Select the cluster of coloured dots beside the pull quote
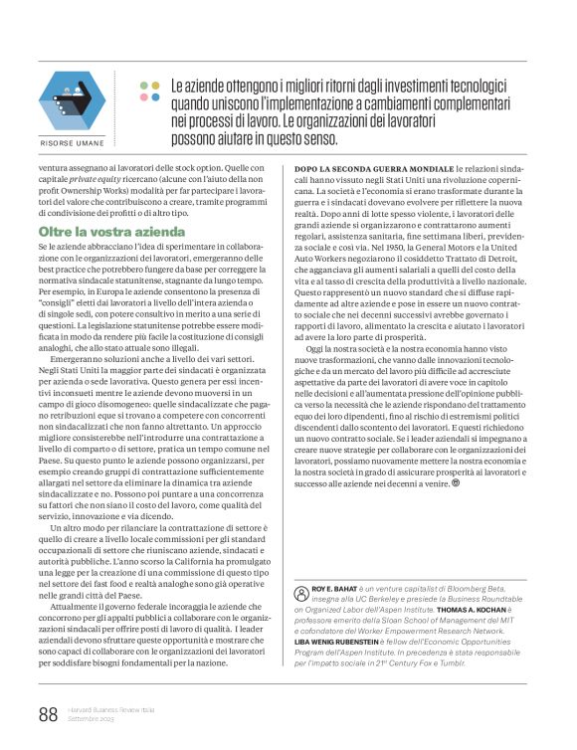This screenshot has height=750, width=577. [150, 92]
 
